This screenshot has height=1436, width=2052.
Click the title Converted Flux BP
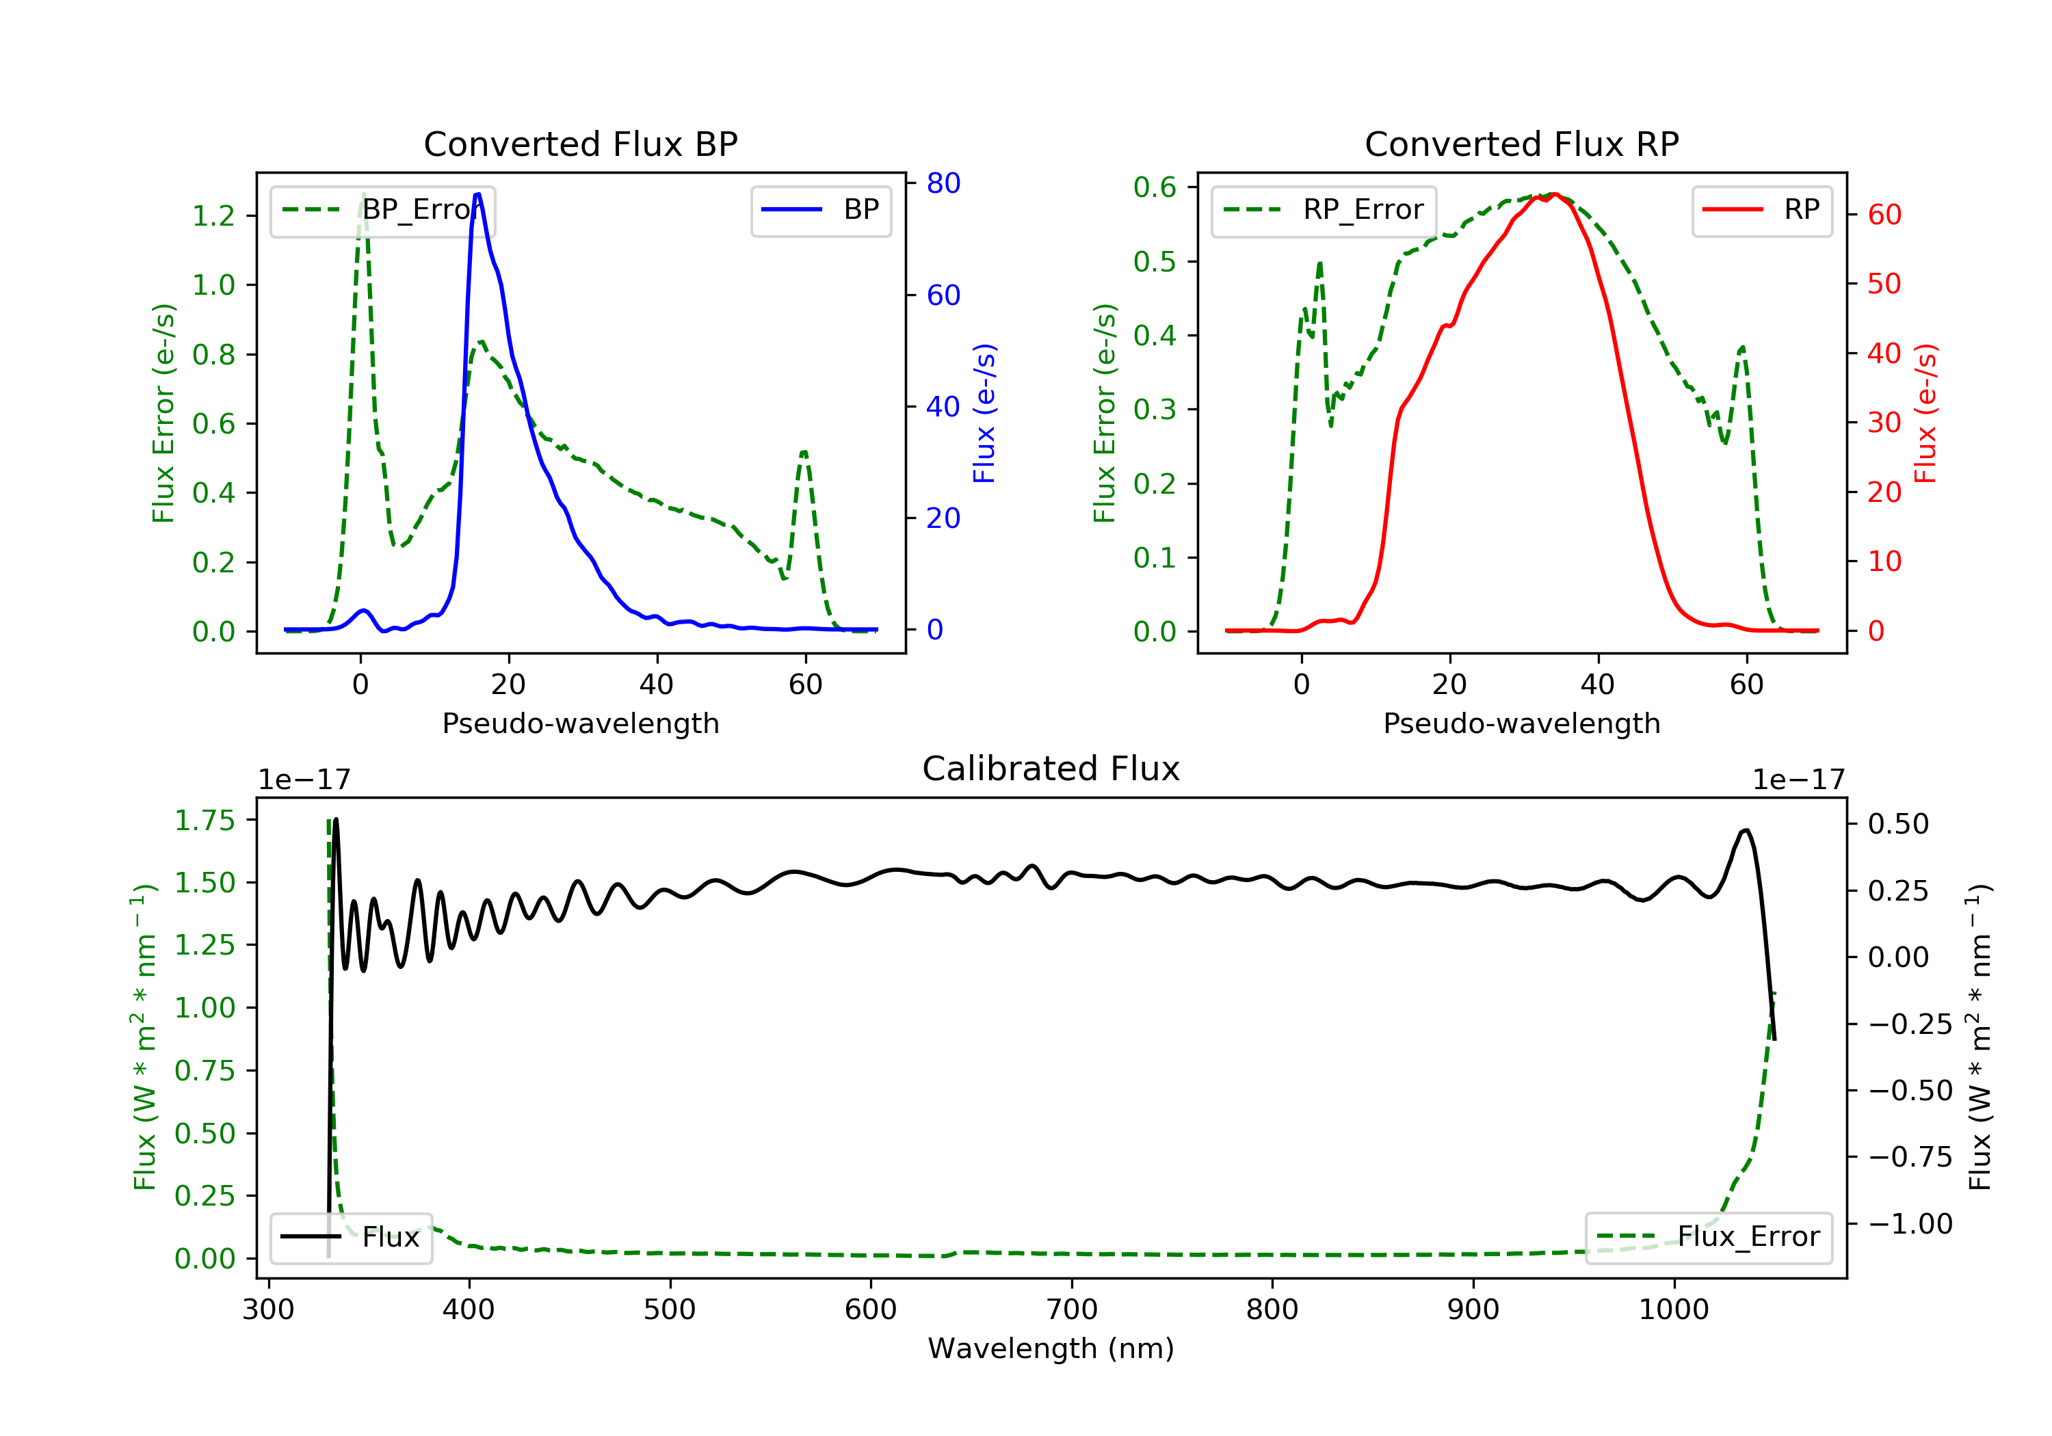point(581,144)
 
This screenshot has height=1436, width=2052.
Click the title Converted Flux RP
point(1522,144)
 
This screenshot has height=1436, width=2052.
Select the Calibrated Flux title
point(1051,769)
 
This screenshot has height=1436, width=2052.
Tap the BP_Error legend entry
point(382,211)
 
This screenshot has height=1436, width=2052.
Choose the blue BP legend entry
point(820,210)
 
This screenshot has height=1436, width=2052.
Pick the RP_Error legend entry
point(1324,211)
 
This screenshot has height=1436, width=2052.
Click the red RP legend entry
point(1761,210)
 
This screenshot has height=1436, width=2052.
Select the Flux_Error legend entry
point(1708,1238)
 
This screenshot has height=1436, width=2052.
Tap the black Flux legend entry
point(352,1238)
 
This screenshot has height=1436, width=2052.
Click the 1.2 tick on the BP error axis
point(213,215)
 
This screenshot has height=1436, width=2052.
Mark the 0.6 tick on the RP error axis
point(1155,187)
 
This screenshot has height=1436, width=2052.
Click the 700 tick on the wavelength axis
point(1072,1310)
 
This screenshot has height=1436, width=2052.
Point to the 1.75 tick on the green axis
point(205,821)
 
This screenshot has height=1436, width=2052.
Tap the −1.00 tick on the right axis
point(1911,1223)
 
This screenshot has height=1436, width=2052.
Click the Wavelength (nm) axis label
point(1051,1348)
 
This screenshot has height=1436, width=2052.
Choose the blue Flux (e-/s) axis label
point(984,413)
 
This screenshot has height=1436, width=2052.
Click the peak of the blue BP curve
point(477,194)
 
